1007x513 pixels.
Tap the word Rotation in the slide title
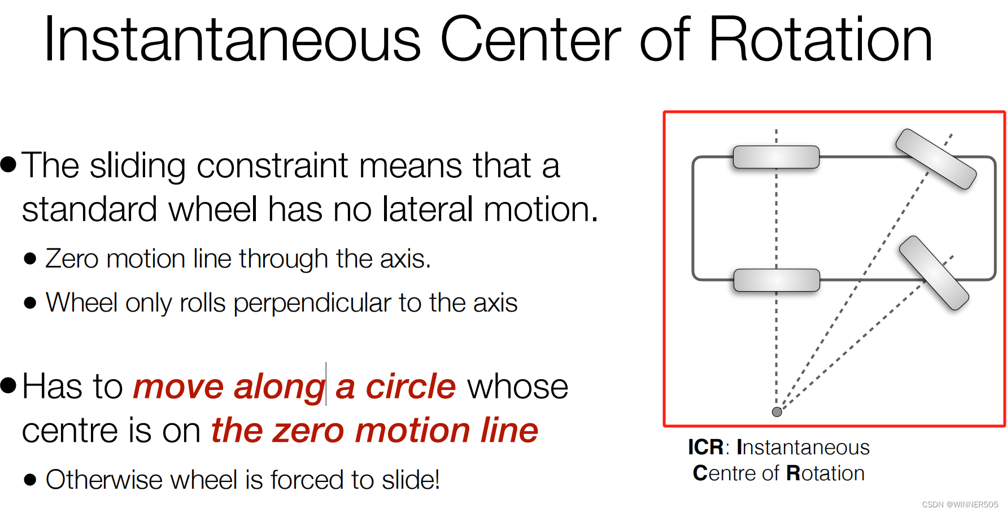tap(820, 40)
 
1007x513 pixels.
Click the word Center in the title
tap(530, 40)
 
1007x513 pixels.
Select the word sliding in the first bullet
tap(137, 166)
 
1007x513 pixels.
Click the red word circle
tap(411, 387)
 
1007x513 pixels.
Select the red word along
tap(280, 388)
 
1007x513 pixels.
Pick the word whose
tap(517, 387)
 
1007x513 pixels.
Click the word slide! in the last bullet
tap(411, 480)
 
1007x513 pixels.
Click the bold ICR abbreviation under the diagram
tap(705, 448)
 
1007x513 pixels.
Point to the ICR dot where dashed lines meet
tap(777, 412)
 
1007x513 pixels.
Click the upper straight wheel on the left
tap(776, 157)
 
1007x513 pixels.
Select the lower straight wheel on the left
tap(776, 280)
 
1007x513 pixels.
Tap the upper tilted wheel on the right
tap(936, 159)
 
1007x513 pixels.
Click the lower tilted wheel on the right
tap(934, 273)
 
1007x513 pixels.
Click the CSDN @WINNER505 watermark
tap(960, 505)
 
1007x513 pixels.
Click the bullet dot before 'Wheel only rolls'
tap(30, 303)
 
